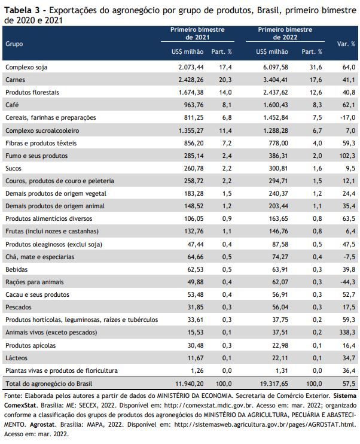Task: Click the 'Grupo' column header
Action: [14, 44]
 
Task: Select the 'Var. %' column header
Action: [346, 44]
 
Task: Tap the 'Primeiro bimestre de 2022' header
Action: [285, 34]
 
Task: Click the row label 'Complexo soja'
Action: [26, 68]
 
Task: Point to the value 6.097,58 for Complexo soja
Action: [275, 68]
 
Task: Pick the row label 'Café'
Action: [12, 105]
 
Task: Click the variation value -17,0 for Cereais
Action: [347, 117]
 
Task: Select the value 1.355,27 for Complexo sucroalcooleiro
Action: [191, 130]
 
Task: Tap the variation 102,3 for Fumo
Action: [347, 156]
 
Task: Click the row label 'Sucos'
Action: [13, 169]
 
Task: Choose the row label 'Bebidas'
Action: [16, 269]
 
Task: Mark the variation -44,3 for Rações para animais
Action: [347, 282]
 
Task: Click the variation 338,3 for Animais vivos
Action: [347, 333]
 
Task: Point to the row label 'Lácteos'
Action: [16, 358]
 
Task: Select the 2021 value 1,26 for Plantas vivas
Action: [197, 370]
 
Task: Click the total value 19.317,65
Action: [274, 384]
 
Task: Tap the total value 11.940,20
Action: [190, 384]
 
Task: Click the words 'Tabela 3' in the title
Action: [22, 11]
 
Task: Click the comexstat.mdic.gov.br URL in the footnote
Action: [209, 406]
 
